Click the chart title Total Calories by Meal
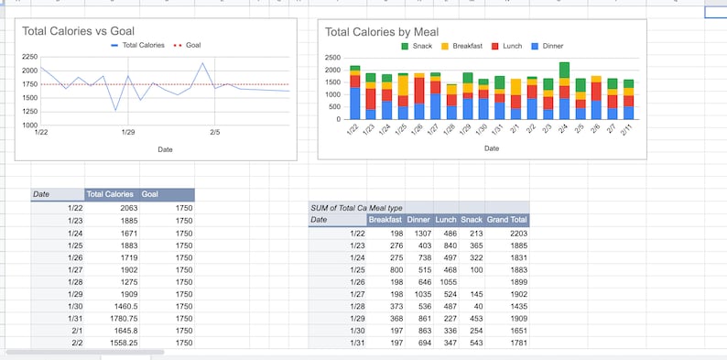click(382, 32)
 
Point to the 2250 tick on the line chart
click(28, 56)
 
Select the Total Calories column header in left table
click(110, 194)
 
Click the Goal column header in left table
click(151, 194)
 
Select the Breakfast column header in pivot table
click(385, 220)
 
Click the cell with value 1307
click(418, 234)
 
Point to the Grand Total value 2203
click(519, 234)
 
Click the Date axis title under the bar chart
click(492, 147)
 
